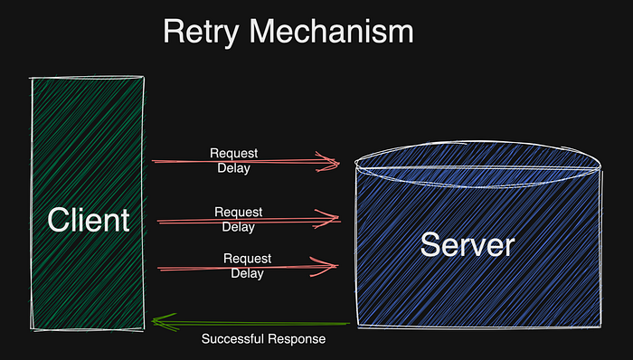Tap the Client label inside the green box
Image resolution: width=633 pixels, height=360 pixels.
(88, 220)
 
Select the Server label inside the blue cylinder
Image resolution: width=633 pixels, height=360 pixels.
(468, 244)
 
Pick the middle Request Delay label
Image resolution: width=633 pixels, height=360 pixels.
(239, 219)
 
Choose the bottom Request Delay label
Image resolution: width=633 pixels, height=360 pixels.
(248, 266)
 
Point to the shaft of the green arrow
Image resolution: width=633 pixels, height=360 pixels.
(253, 321)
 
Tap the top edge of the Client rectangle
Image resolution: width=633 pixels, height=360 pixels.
(88, 80)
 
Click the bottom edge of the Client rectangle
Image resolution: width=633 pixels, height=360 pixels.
(88, 327)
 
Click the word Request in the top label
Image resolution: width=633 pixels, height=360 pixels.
(234, 154)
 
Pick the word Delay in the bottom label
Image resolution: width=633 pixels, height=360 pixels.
(248, 272)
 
